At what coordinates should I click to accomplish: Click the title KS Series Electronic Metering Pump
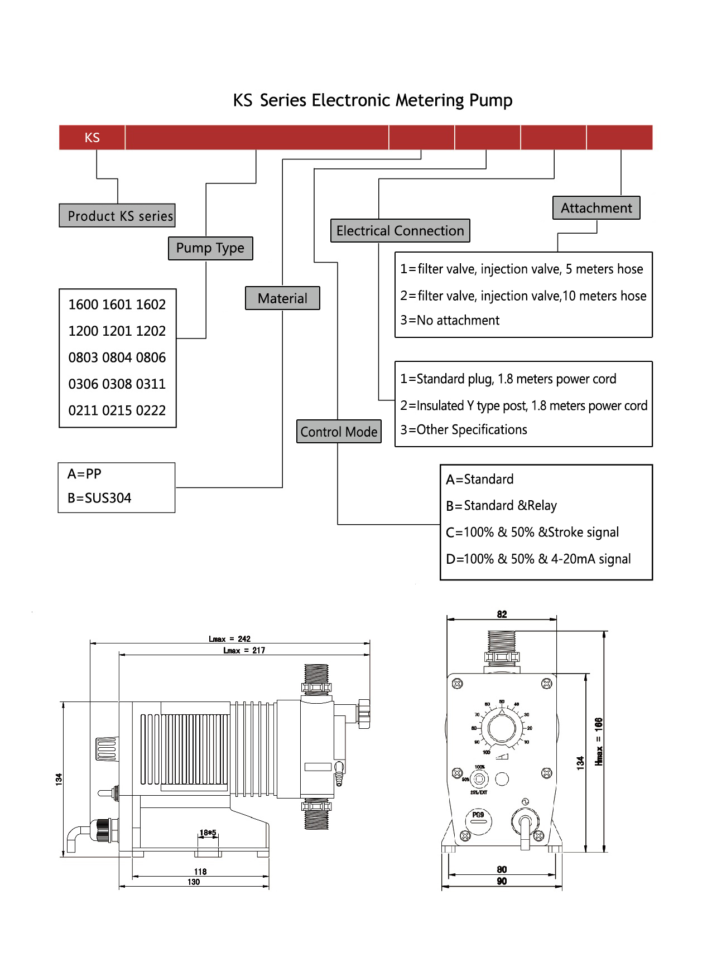tap(372, 100)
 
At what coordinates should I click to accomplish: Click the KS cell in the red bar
tap(92, 138)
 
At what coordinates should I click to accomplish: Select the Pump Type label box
tap(210, 248)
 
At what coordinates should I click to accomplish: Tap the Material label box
tap(282, 298)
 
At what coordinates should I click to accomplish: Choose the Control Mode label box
tap(339, 432)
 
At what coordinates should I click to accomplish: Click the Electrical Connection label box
tap(400, 231)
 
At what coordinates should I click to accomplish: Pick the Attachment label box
tap(596, 208)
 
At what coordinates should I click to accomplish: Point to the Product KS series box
tap(117, 216)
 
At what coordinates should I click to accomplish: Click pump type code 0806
tap(151, 357)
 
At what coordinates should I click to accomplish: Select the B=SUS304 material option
tap(99, 498)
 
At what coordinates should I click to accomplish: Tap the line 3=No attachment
tap(450, 321)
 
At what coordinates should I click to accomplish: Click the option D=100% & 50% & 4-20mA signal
tap(538, 559)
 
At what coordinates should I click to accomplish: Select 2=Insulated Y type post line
tap(523, 405)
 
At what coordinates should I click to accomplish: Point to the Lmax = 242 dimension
tap(229, 639)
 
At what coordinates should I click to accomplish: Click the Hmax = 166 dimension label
tap(599, 741)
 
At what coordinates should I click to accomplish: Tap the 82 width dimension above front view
tap(502, 614)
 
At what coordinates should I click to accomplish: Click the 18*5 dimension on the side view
tap(208, 833)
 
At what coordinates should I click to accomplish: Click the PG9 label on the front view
tap(478, 815)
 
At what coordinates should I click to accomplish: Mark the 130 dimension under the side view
tap(194, 882)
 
